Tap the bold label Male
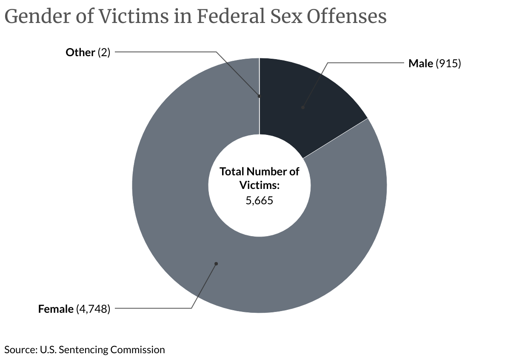[x=420, y=63]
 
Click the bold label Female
[x=56, y=309]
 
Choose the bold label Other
[x=80, y=52]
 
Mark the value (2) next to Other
[x=104, y=52]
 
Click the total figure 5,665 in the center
[x=259, y=200]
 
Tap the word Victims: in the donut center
[x=259, y=186]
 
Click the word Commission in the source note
[x=137, y=350]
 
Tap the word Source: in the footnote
[x=20, y=350]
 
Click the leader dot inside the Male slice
[x=303, y=107]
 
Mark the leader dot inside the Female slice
[x=216, y=264]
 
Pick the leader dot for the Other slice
[x=259, y=97]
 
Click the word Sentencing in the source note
[x=83, y=350]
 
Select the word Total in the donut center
[x=231, y=172]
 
